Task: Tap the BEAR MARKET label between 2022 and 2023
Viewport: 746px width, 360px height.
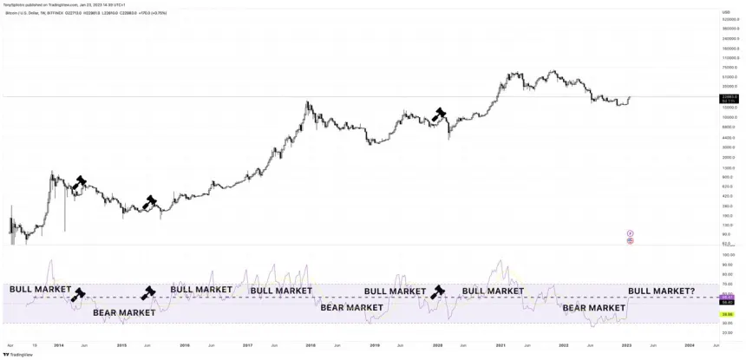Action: click(594, 307)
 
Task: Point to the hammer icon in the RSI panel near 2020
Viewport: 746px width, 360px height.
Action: click(438, 291)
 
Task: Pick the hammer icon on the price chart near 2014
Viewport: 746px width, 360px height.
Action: click(80, 182)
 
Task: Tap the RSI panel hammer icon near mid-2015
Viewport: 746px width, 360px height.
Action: click(148, 292)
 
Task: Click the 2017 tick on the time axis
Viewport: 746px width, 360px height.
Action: click(246, 344)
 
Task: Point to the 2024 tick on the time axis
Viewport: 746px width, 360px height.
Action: click(690, 344)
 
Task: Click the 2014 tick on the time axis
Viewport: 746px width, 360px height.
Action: click(58, 344)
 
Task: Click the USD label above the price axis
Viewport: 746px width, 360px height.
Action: click(725, 12)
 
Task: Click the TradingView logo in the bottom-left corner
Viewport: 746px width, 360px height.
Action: click(20, 353)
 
